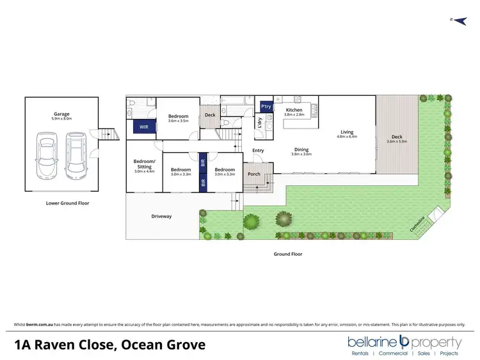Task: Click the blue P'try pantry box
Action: [266, 107]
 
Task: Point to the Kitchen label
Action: [294, 110]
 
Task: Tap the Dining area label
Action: [301, 150]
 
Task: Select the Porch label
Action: [254, 173]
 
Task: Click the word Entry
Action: [258, 151]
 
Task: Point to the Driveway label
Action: [161, 216]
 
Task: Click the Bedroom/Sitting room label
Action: [143, 163]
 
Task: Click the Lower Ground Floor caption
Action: [67, 203]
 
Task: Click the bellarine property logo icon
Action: [404, 341]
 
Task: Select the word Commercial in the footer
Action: [394, 354]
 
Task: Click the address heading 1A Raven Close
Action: [110, 345]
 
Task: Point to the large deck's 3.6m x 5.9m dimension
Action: [397, 141]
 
